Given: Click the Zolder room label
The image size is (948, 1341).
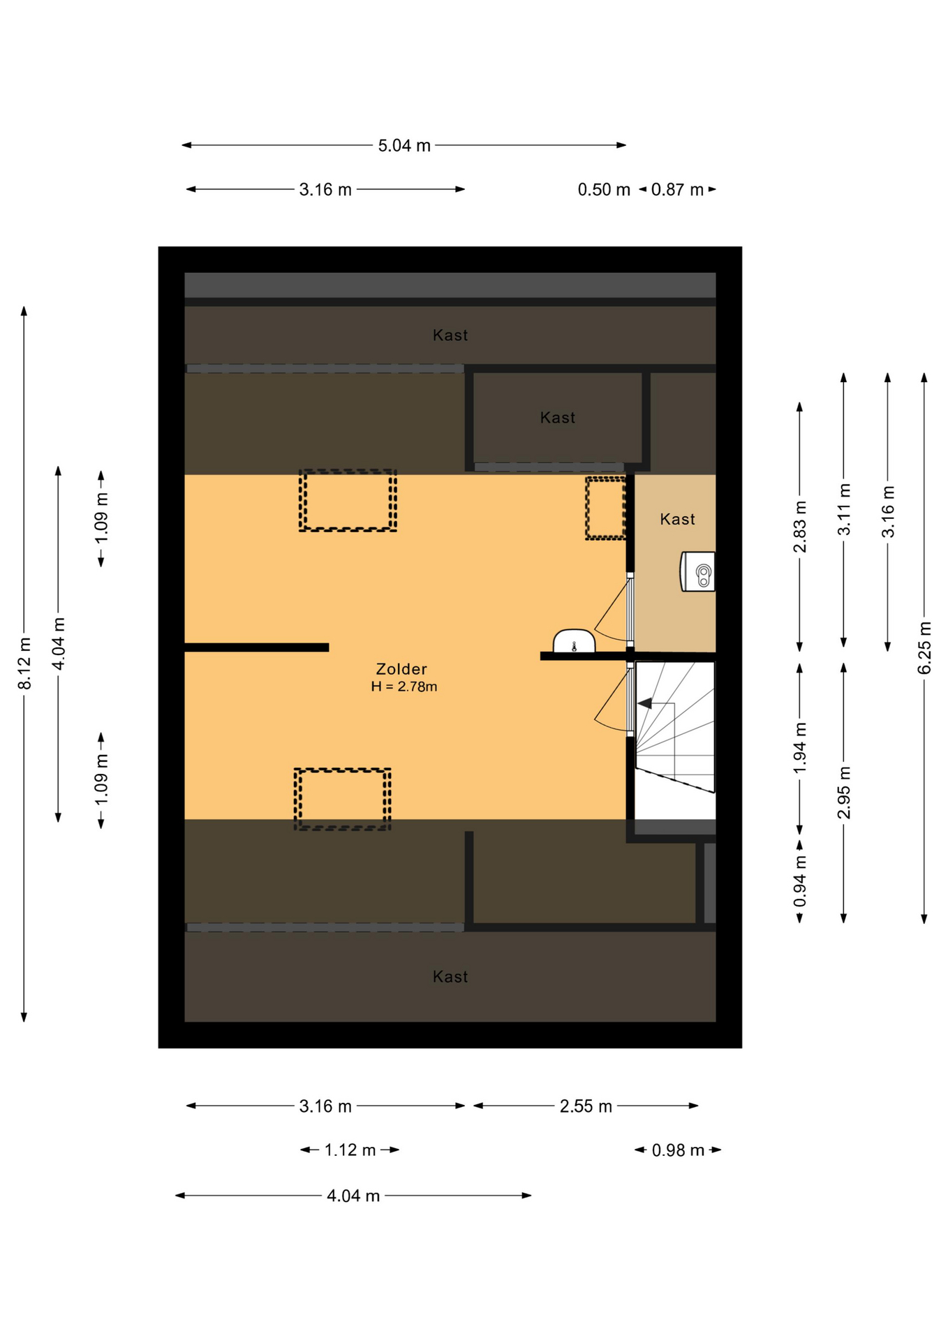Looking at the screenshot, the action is point(401,668).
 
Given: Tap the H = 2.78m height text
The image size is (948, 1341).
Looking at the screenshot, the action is point(403,687).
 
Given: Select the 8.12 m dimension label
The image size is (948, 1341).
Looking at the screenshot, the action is point(24,663).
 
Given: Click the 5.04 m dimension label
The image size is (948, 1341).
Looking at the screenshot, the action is point(404,145).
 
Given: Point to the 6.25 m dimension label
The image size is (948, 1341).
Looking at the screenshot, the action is point(924,647).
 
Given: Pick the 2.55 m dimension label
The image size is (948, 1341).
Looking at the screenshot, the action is point(586,1106).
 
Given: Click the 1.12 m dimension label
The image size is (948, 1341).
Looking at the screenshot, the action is point(350,1150).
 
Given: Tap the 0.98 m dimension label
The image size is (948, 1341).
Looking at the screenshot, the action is point(678,1150).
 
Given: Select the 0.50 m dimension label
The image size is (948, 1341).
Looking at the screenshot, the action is point(604,189).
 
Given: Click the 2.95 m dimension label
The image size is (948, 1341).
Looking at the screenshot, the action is point(844,793).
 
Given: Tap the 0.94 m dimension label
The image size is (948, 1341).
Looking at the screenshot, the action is point(800,881).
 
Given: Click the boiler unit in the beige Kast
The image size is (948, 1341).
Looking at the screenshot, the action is point(698,571).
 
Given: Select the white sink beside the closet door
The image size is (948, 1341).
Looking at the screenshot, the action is point(574,641).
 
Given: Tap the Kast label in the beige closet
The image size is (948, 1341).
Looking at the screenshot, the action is point(677,519).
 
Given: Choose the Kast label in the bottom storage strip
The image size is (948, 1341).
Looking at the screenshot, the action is point(450,976).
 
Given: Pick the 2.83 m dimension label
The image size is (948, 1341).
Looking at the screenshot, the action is point(800,527).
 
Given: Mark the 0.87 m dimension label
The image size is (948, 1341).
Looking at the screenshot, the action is point(677,189).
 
